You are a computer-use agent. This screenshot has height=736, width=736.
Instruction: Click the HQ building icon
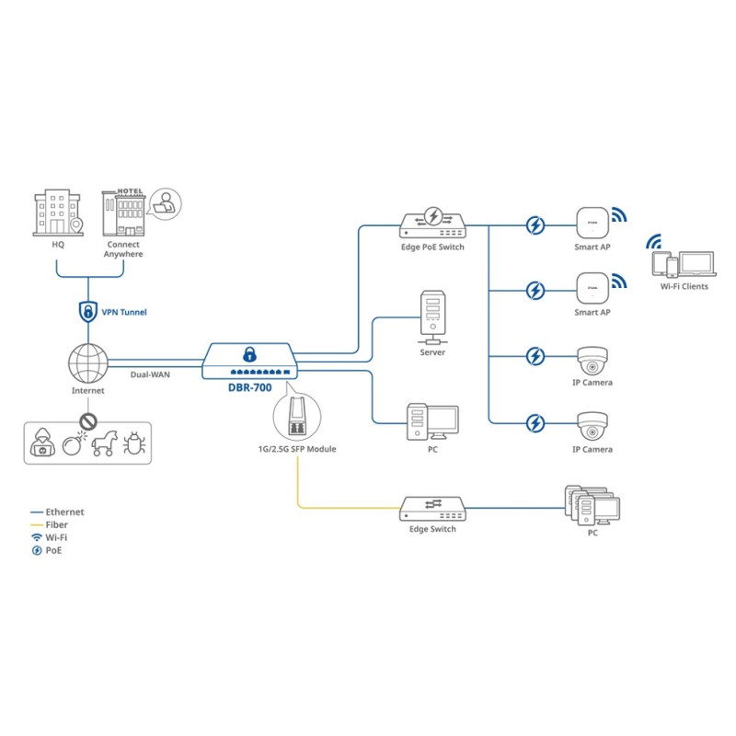click(58, 213)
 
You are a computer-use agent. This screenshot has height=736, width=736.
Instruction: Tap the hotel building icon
click(124, 213)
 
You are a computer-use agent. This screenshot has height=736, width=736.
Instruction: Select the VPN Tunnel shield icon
click(88, 312)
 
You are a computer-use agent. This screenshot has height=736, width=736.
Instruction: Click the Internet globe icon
click(88, 363)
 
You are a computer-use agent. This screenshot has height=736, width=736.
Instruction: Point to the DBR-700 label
click(249, 387)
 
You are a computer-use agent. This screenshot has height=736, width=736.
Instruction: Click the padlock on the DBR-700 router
click(249, 354)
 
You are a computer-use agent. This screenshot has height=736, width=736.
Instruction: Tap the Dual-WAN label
click(150, 374)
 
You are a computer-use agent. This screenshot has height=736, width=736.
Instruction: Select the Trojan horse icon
click(104, 443)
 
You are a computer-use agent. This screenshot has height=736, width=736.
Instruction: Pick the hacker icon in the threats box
click(42, 443)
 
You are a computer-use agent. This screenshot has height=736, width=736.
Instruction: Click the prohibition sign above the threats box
click(88, 421)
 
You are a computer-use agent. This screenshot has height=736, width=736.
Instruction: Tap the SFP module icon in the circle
click(297, 417)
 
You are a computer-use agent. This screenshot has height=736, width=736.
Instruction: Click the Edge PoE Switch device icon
click(432, 223)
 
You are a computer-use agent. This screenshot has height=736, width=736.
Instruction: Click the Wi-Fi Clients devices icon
click(684, 264)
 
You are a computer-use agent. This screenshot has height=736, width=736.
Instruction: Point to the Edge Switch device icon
click(432, 509)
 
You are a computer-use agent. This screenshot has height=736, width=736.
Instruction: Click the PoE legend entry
click(47, 550)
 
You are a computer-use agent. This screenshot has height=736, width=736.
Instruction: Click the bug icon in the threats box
click(134, 443)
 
